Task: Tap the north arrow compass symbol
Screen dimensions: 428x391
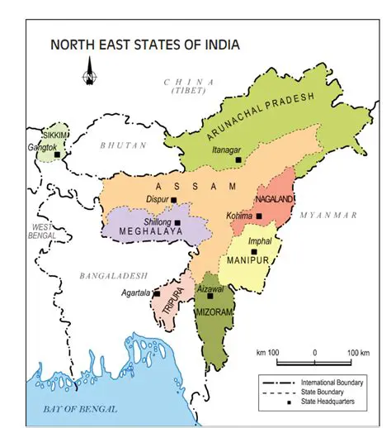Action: (x=88, y=78)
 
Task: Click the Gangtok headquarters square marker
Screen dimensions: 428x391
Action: (x=57, y=155)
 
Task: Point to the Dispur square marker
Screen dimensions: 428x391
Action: (x=174, y=199)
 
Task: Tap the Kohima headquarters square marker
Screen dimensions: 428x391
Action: (x=259, y=216)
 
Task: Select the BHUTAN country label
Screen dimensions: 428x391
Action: (x=123, y=145)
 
